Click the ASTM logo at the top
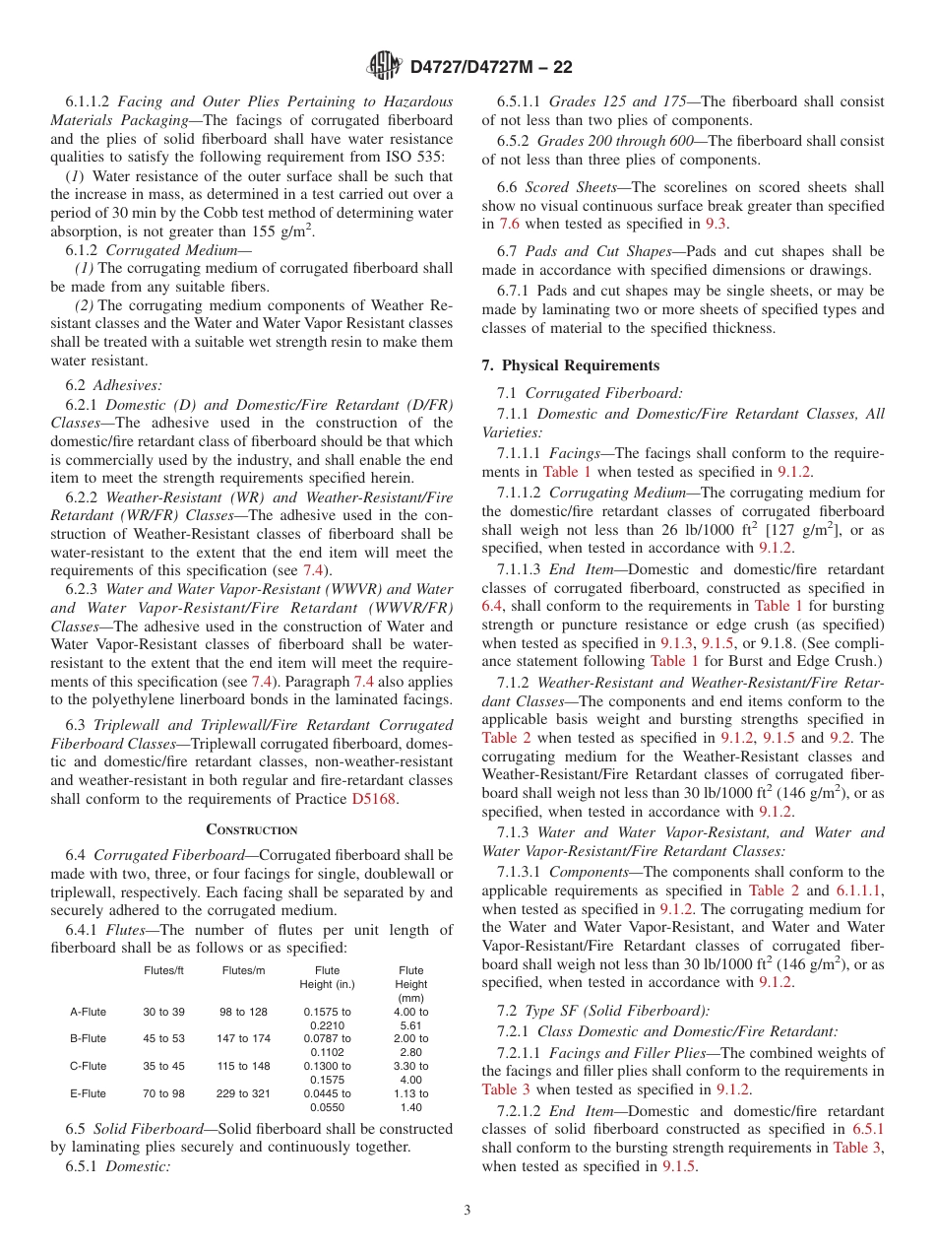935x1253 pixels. click(383, 66)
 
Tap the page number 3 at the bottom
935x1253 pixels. click(467, 1210)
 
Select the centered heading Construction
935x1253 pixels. click(252, 829)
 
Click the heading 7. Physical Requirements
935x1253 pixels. click(571, 364)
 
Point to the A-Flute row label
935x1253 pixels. click(88, 1012)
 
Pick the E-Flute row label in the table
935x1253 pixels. click(88, 1093)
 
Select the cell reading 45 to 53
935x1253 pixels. click(163, 1038)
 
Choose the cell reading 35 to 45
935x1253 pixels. click(163, 1066)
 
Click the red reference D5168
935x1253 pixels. click(375, 799)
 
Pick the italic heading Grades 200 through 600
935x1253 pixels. click(627, 139)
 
